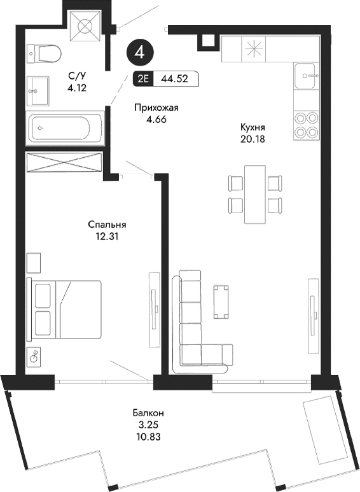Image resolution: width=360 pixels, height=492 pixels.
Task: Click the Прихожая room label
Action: [156, 108]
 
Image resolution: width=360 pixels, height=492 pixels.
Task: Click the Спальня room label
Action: [107, 225]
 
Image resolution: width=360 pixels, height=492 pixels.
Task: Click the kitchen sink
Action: [307, 77]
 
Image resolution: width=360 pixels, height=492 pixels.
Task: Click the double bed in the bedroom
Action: [64, 308]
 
